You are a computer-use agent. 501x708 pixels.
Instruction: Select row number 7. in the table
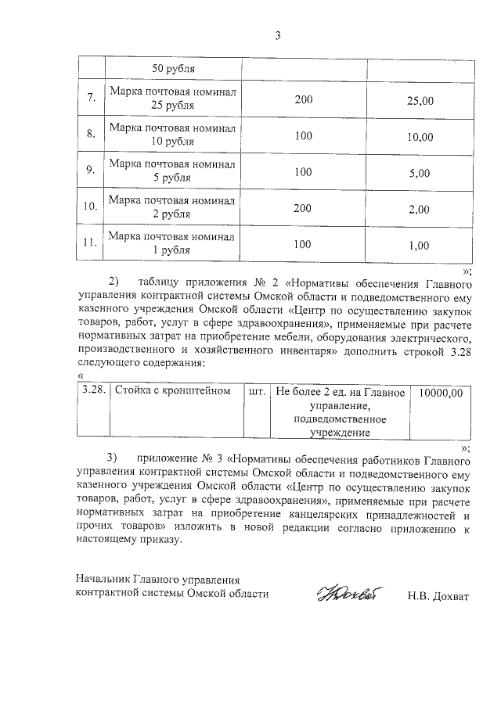91,99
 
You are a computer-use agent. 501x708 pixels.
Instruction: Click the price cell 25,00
420,100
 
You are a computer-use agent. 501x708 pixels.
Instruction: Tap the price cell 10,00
420,137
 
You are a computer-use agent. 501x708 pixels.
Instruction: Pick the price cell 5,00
420,173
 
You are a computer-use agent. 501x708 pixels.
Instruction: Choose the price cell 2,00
420,209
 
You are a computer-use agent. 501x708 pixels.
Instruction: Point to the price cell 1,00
420,245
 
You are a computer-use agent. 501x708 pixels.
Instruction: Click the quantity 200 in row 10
303,208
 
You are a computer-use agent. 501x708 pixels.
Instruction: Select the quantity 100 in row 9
303,172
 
